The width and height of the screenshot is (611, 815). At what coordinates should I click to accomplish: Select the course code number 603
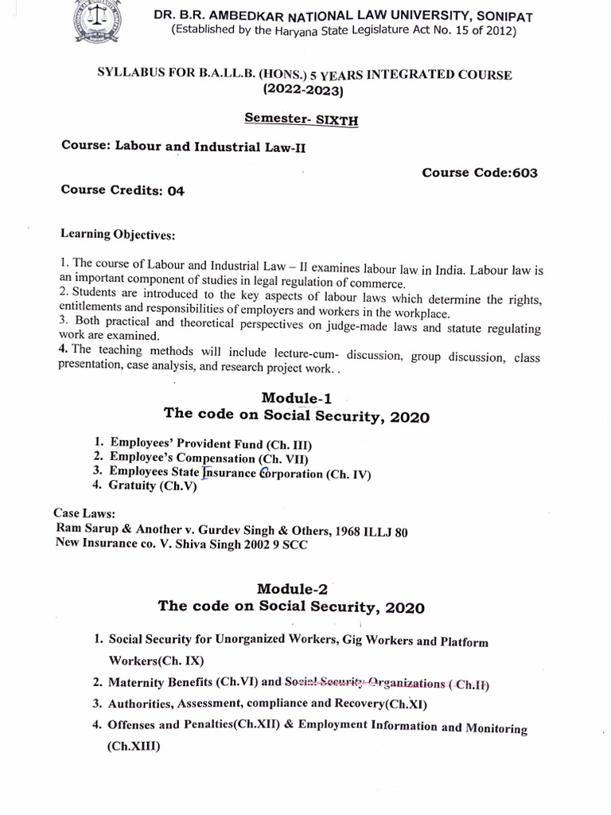coord(524,173)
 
